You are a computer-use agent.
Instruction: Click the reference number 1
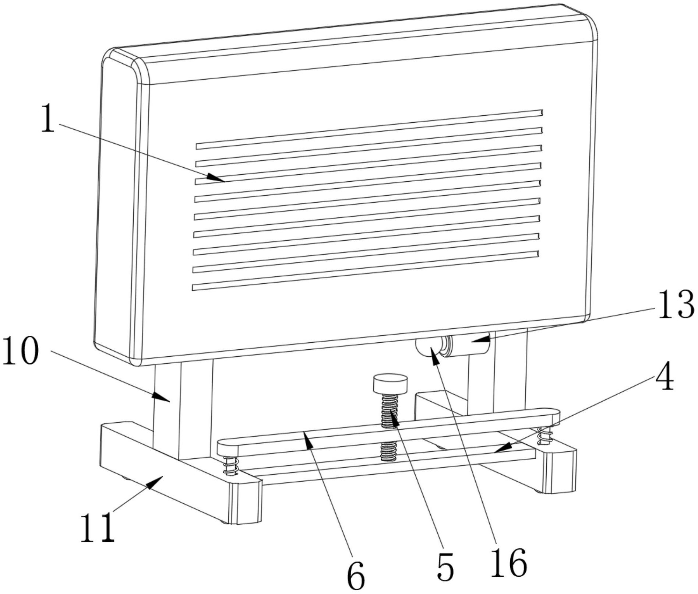(47, 118)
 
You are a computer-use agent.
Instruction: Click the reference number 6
(356, 576)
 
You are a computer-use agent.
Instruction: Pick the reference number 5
(445, 567)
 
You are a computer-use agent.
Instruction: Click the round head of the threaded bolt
(390, 383)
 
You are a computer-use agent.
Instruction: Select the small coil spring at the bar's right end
(544, 436)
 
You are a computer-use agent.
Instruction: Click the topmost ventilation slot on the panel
(368, 129)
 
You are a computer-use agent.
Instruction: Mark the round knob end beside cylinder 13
(425, 347)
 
